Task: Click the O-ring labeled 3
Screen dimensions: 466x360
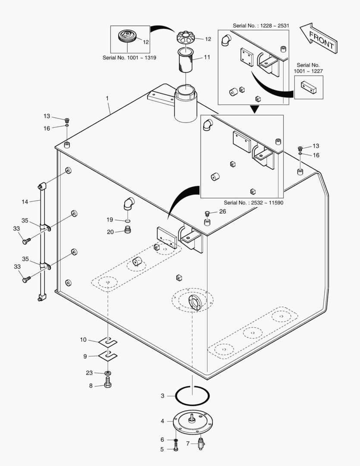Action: coord(193,395)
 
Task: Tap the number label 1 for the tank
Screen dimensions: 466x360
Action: coord(107,99)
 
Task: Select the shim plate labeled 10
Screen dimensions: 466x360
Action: coord(107,342)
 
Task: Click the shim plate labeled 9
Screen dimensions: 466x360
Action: coord(107,356)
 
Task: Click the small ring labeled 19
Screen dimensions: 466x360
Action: coord(128,220)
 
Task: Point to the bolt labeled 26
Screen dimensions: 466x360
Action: coord(207,213)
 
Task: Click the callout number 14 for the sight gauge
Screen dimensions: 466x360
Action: coord(25,202)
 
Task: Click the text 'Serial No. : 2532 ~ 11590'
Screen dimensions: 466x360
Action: coord(253,202)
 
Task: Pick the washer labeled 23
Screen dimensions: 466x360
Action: coord(107,372)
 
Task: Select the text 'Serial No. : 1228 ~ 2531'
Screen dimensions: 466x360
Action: coord(260,26)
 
